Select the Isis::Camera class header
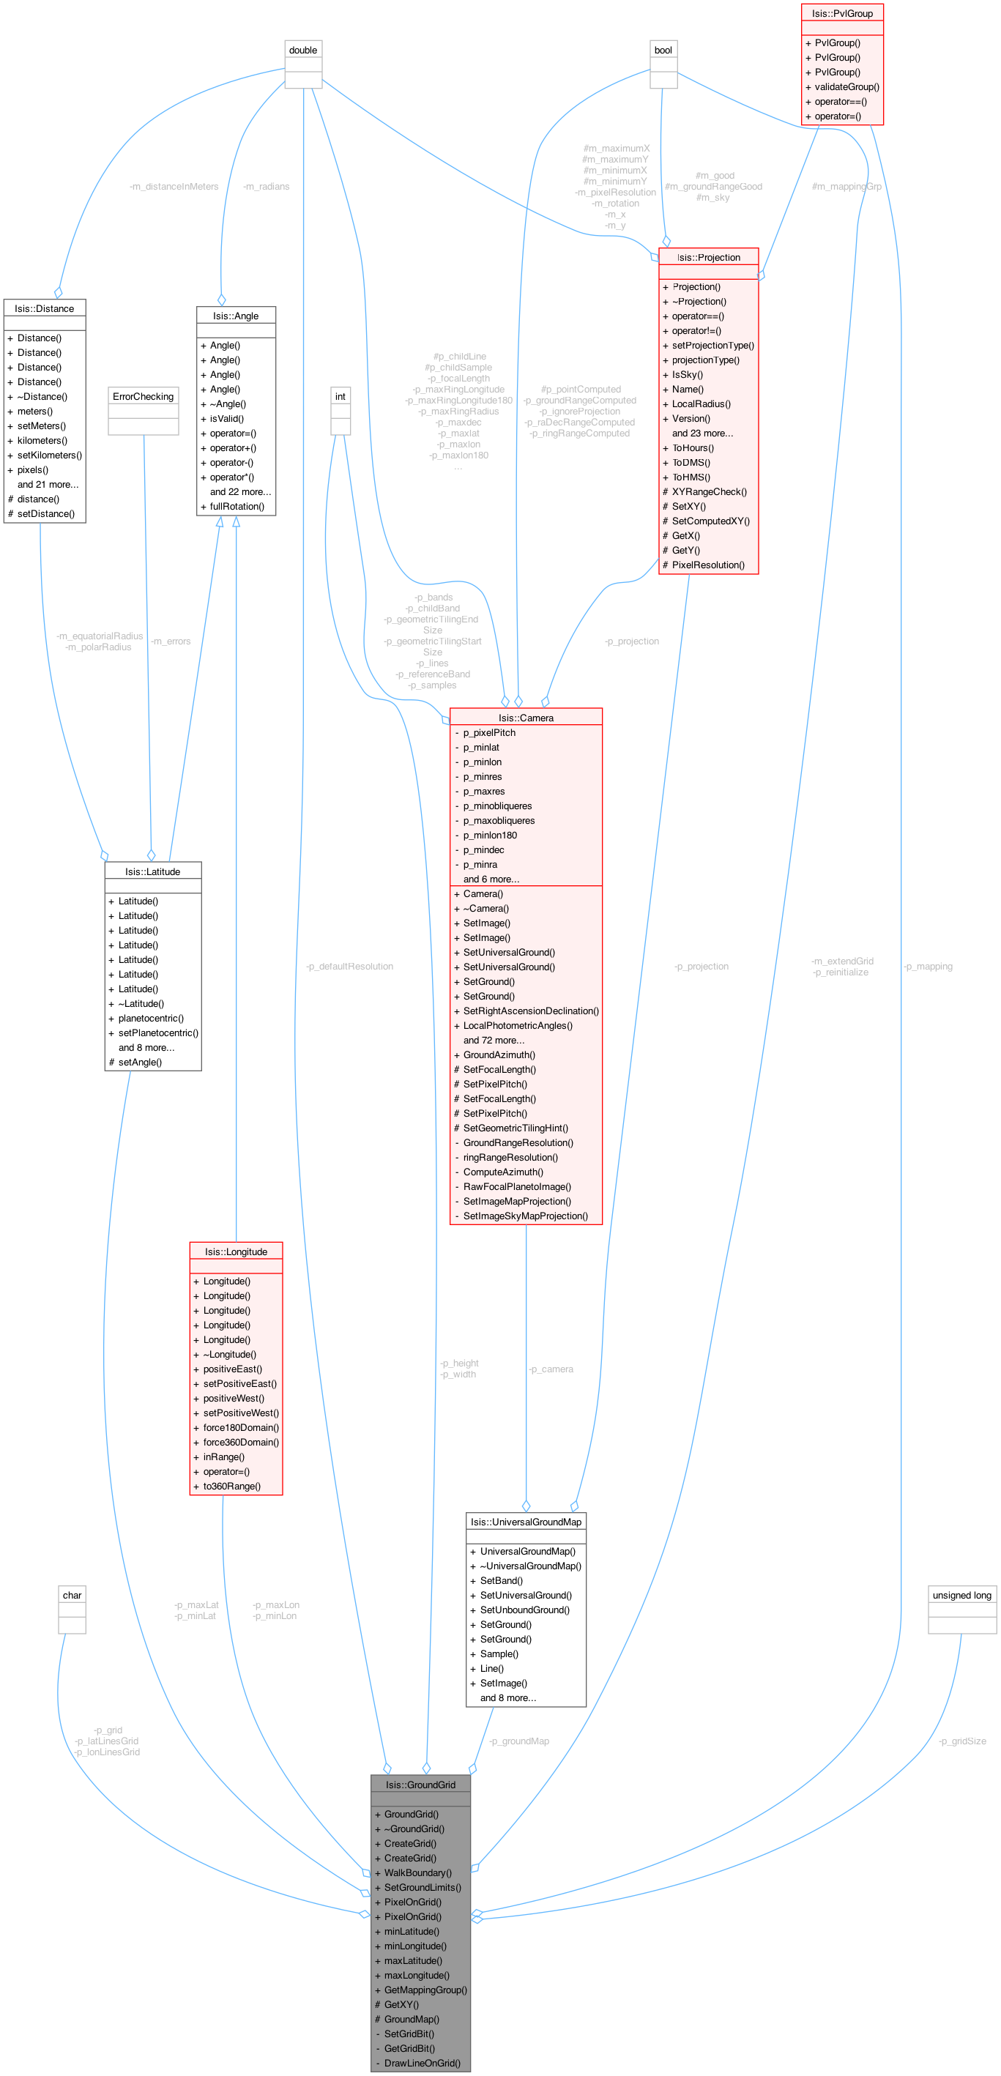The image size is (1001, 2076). [x=526, y=717]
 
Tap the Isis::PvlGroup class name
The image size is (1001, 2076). [x=842, y=13]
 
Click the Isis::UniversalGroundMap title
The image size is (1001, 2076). [x=526, y=1522]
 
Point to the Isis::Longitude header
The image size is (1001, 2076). [x=235, y=1251]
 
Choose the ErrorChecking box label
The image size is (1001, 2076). [x=144, y=396]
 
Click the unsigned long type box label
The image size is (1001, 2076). [x=961, y=1595]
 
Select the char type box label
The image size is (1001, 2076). [x=72, y=1595]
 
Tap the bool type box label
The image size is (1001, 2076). [x=663, y=50]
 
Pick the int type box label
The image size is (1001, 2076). [x=340, y=396]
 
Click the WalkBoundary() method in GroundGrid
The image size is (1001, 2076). [x=417, y=1872]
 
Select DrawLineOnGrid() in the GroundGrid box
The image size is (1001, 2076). [x=423, y=2062]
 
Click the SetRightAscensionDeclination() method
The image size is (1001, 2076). [x=530, y=1011]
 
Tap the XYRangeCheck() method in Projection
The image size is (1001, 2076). [x=710, y=491]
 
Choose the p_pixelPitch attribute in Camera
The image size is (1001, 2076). [x=488, y=732]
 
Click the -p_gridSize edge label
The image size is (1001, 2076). [x=962, y=1741]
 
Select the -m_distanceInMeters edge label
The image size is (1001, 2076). [x=174, y=186]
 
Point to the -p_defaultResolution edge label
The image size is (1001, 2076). [x=350, y=967]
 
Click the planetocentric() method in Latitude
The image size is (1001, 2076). [x=151, y=1018]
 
